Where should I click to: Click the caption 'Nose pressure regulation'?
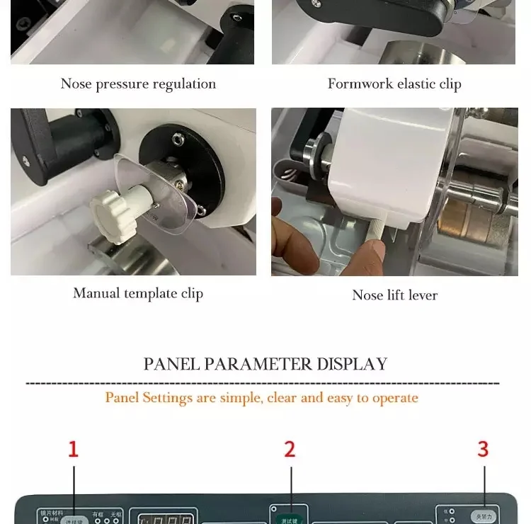[x=138, y=84]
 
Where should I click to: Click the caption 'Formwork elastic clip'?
[x=394, y=84]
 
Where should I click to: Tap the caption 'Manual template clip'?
[x=138, y=293]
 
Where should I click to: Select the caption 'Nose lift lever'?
[x=394, y=295]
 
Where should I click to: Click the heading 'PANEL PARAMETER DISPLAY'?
[x=265, y=364]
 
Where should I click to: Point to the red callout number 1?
[x=73, y=449]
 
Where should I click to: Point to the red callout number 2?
[x=290, y=449]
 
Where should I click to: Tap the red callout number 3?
[x=483, y=449]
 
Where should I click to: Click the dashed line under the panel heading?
[x=262, y=383]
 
